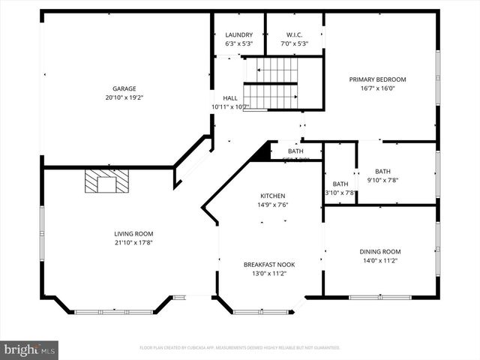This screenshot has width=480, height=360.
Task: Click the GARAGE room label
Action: click(124, 88)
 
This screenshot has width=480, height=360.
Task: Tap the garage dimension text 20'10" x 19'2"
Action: click(124, 97)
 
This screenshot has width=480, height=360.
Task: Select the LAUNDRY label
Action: click(238, 34)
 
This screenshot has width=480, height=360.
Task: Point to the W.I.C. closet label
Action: click(294, 34)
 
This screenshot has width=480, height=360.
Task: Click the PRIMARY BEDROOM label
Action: click(377, 79)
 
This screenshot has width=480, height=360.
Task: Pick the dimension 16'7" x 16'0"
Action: click(377, 88)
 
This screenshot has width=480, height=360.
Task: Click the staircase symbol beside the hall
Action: click(270, 83)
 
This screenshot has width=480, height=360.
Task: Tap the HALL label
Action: click(229, 97)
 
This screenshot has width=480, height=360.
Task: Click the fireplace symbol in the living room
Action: click(106, 181)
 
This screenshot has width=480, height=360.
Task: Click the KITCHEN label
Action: click(273, 196)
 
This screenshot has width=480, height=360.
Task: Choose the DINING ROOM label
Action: click(381, 252)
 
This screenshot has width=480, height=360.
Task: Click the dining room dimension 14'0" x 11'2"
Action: click(381, 261)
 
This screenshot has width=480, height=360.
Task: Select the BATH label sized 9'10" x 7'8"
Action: click(382, 171)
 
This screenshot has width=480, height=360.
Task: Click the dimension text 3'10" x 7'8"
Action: click(340, 193)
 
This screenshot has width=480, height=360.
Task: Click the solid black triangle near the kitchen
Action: click(262, 152)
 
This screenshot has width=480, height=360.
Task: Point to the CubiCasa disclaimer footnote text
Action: click(240, 348)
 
